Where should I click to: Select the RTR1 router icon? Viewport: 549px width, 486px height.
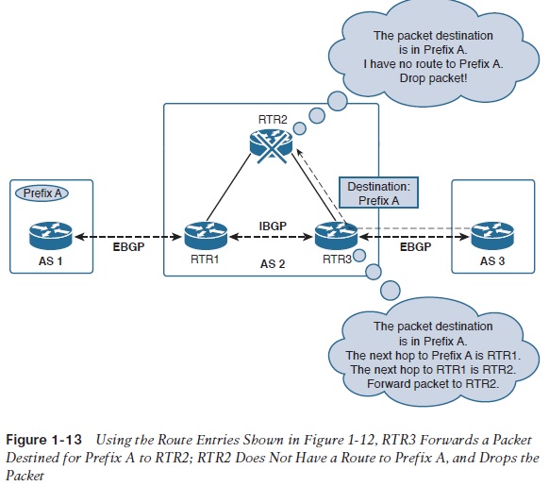202,232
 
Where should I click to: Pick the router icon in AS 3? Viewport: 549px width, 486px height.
491,232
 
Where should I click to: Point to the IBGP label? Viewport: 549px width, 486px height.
273,226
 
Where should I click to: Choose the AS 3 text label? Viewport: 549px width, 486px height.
491,260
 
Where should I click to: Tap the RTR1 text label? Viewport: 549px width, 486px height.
200,256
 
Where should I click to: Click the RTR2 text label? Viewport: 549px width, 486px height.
271,118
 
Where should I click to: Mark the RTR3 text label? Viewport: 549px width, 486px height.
337,256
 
